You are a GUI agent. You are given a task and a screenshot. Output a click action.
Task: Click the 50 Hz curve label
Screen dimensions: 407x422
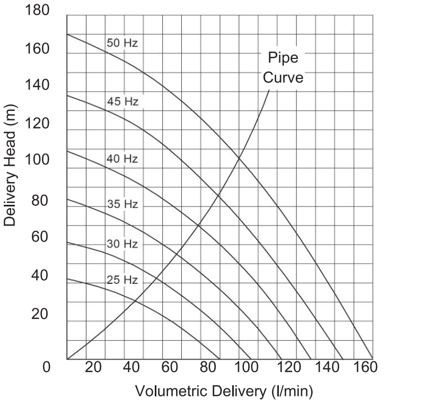pyautogui.click(x=122, y=44)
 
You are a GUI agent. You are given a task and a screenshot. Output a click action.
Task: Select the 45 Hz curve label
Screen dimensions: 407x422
pyautogui.click(x=122, y=101)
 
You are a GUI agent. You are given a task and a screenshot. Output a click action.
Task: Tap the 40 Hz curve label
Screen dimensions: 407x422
pyautogui.click(x=122, y=159)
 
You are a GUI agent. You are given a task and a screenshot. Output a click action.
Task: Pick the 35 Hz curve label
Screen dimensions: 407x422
pyautogui.click(x=122, y=204)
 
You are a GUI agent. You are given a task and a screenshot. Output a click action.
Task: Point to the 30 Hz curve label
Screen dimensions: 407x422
pyautogui.click(x=122, y=244)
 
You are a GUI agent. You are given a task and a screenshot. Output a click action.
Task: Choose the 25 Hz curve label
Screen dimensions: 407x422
pyautogui.click(x=122, y=280)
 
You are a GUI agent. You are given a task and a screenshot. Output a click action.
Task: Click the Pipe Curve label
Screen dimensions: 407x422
pyautogui.click(x=284, y=67)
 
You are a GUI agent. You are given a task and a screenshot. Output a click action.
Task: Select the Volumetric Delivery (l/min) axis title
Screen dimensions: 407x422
pyautogui.click(x=224, y=392)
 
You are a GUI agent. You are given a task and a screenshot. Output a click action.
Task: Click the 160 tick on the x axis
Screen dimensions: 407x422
pyautogui.click(x=365, y=367)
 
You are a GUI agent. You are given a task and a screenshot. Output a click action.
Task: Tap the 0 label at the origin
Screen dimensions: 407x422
pyautogui.click(x=47, y=367)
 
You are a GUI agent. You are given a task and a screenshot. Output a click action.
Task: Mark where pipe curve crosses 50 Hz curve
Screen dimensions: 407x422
pyautogui.click(x=239, y=157)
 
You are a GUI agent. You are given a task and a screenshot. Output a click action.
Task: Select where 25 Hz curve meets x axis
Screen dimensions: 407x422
pyautogui.click(x=219, y=359)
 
